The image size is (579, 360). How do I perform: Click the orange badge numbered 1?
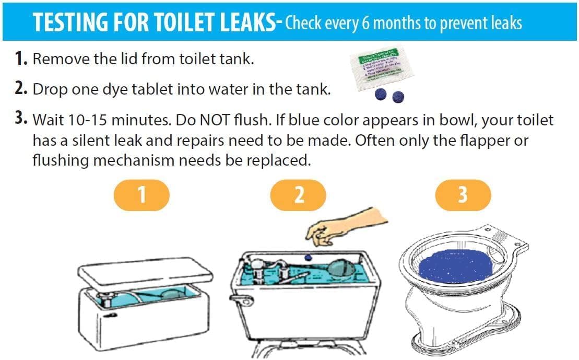coord(142,195)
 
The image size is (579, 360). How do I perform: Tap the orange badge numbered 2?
coord(298,195)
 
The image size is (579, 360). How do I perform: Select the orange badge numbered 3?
coord(463,195)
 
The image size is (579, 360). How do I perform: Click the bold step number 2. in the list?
coord(20,88)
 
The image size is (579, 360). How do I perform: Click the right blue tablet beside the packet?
coord(398,96)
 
